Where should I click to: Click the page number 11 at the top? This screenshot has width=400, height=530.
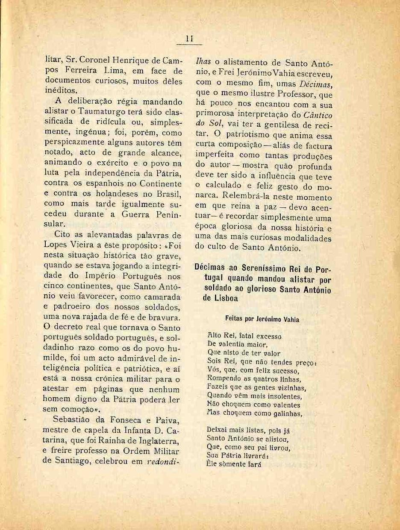tap(190, 39)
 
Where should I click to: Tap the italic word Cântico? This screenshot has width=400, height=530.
tap(318, 115)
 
